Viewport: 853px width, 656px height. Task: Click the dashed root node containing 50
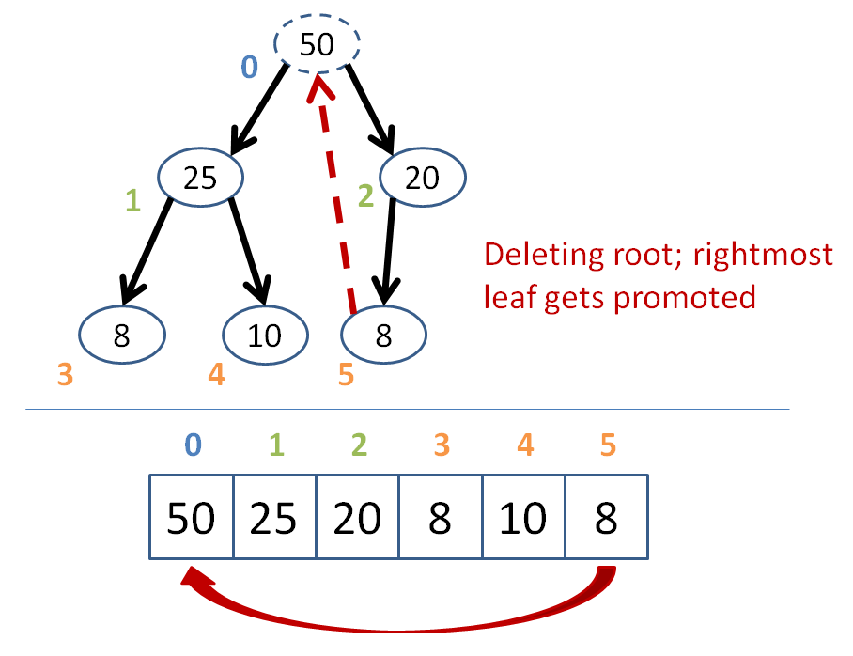[x=317, y=43]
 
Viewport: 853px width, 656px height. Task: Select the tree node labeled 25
[x=201, y=177]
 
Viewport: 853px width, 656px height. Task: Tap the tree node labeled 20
[x=423, y=177]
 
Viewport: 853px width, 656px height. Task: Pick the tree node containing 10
[x=265, y=335]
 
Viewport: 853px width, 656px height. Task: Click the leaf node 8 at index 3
[x=122, y=335]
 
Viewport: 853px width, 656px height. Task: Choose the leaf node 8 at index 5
[x=383, y=335]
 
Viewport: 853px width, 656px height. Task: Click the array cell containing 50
[x=191, y=517]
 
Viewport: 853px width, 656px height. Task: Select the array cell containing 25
[x=274, y=517]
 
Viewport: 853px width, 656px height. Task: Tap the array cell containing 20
[x=357, y=517]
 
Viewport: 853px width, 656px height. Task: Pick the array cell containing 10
[x=523, y=517]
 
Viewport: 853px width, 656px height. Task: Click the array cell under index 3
[x=440, y=517]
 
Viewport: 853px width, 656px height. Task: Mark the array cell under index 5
[x=607, y=517]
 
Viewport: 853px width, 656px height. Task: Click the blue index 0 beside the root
[x=249, y=67]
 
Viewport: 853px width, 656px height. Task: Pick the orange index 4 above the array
[x=525, y=445]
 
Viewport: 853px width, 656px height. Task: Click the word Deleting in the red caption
[x=544, y=256]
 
